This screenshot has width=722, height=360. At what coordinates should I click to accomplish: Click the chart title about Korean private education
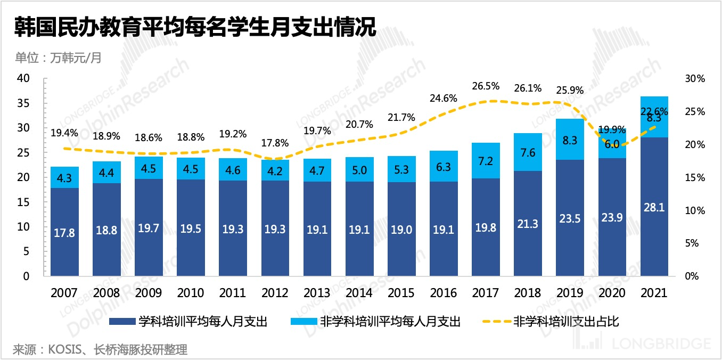pyautogui.click(x=195, y=27)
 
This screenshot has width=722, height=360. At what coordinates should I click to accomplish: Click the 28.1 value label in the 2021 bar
pyautogui.click(x=654, y=207)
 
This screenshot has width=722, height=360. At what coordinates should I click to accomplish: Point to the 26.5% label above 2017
pyautogui.click(x=485, y=86)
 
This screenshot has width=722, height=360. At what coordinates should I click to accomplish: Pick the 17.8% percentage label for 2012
pyautogui.click(x=275, y=143)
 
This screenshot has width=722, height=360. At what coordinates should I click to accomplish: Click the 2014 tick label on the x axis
pyautogui.click(x=359, y=293)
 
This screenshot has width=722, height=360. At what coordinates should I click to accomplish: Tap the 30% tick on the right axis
pyautogui.click(x=695, y=78)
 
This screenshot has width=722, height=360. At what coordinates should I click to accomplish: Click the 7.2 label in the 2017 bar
pyautogui.click(x=485, y=160)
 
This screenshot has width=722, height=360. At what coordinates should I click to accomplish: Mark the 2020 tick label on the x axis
pyautogui.click(x=612, y=293)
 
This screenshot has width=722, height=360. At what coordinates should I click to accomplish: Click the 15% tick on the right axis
pyautogui.click(x=695, y=177)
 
